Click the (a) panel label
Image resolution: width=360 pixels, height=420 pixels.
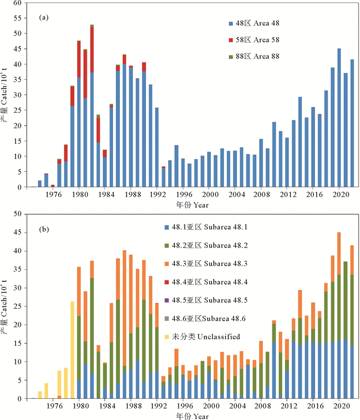pos(44,17)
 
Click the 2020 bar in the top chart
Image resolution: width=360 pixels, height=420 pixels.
pos(339,118)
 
